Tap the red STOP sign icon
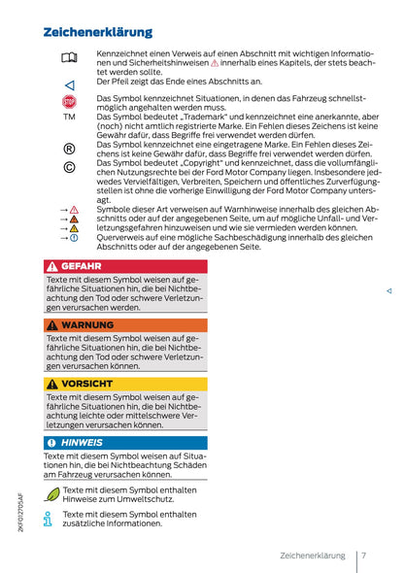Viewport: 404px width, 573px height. (68, 101)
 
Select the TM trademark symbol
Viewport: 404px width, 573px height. (68, 117)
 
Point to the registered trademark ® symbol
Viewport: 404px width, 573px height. (68, 149)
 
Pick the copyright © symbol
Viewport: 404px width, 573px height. (68, 168)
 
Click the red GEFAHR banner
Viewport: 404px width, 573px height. (125, 265)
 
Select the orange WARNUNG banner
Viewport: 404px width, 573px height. (125, 324)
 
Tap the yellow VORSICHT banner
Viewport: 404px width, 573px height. (125, 384)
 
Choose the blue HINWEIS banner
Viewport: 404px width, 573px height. (125, 442)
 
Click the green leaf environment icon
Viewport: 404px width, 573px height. (51, 494)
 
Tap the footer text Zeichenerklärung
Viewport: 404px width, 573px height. (312, 556)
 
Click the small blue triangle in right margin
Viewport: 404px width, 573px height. (388, 290)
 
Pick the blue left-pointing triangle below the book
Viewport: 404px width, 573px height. (68, 85)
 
